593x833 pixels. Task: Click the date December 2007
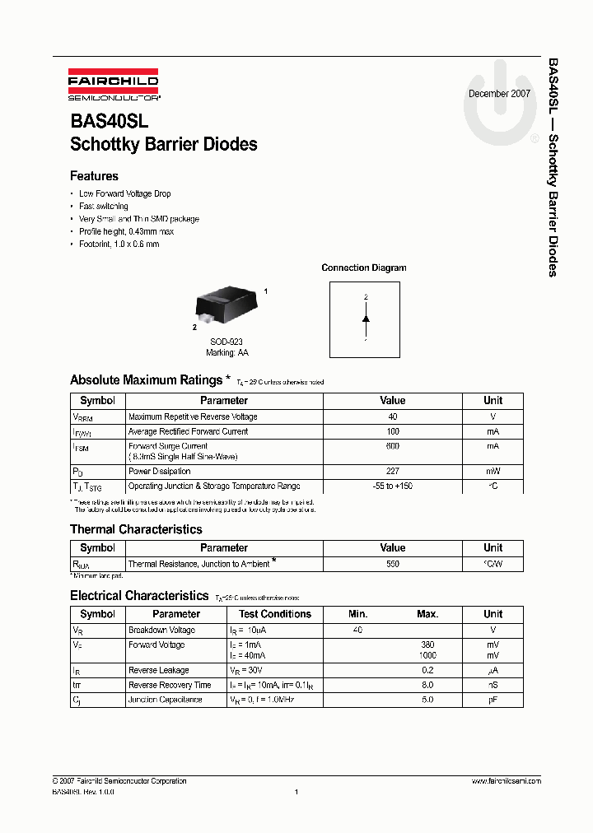pos(499,94)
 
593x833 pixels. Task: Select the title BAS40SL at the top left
pos(110,121)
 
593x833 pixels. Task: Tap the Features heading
pos(94,176)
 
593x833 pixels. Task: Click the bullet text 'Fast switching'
pos(103,207)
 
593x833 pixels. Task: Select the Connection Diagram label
pos(363,268)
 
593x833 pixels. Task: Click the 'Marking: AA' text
pos(226,352)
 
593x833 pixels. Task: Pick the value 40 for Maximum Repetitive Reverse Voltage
pos(392,417)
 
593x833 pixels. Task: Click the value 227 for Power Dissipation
pos(392,472)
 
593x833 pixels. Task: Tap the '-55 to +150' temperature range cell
pos(392,486)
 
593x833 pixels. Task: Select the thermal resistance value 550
pos(392,564)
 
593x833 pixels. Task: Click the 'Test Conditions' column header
pos(275,614)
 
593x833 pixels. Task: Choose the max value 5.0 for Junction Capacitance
pos(427,700)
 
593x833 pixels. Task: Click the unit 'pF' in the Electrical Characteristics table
pos(493,700)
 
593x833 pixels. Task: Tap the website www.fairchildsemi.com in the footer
pos(506,781)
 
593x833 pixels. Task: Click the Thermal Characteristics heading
pos(136,529)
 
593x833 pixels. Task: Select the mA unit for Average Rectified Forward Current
pos(493,431)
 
